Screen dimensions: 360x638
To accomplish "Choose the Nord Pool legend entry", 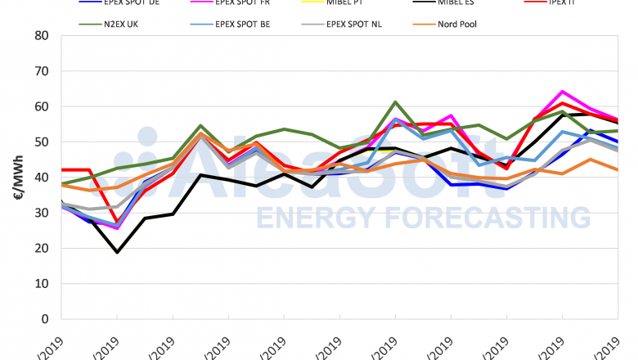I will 477,24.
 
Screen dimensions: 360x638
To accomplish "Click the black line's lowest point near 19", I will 117,252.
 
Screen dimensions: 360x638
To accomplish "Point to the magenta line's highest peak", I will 563,92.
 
